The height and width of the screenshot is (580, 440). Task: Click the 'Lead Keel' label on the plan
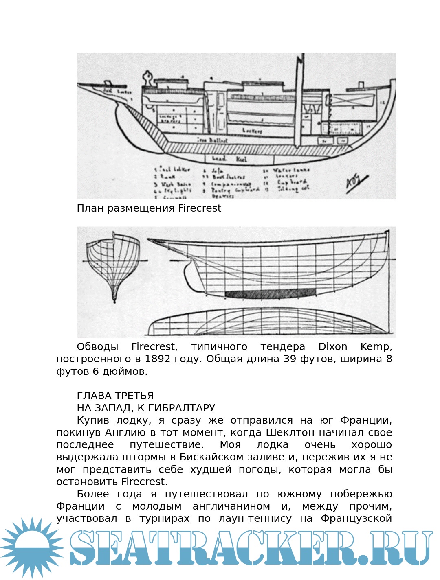[229, 159]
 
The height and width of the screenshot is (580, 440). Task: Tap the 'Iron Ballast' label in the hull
[212, 140]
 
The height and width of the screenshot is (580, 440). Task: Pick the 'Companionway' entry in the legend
[231, 184]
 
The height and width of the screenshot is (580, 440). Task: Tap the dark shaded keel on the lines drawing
[270, 292]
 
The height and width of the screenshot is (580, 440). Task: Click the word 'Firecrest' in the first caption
[199, 208]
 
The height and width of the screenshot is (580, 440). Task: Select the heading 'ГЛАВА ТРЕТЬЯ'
[115, 396]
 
